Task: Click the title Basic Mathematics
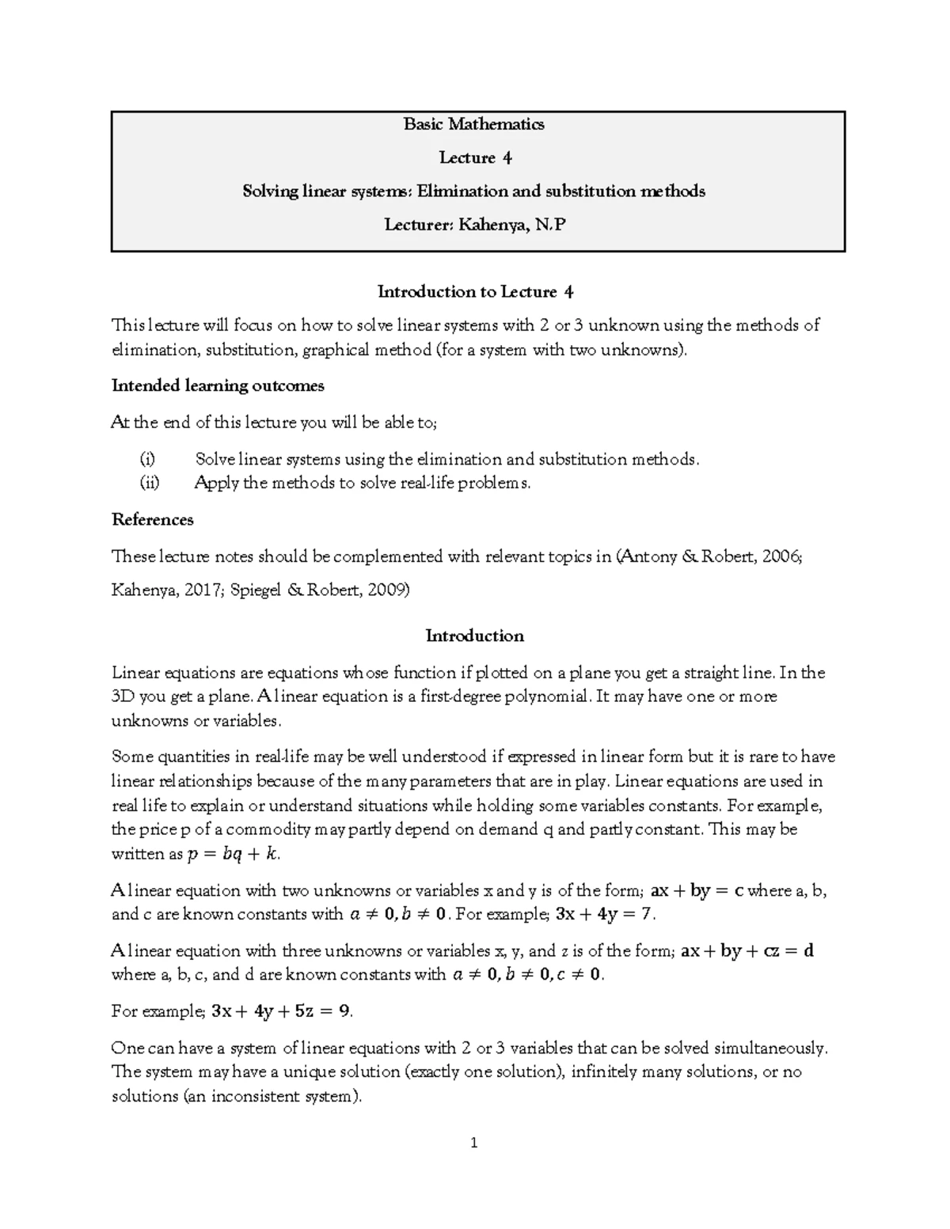coord(473,124)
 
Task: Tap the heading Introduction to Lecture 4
coord(475,292)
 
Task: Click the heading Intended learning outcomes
coord(218,385)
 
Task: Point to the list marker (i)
coord(148,459)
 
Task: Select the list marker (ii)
coord(150,483)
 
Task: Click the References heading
coord(153,520)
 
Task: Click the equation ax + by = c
coord(696,891)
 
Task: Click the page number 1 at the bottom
coord(474,1143)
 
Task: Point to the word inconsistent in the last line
coord(253,1097)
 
